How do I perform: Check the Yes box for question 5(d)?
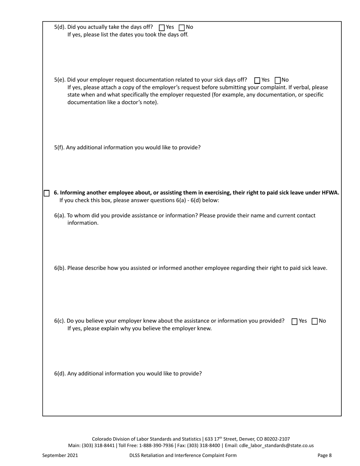pyautogui.click(x=162, y=27)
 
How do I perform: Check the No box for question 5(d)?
pyautogui.click(x=182, y=27)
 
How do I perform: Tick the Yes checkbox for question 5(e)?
pyautogui.click(x=257, y=80)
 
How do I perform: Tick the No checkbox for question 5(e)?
pyautogui.click(x=277, y=80)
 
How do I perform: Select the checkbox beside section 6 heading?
pyautogui.click(x=47, y=193)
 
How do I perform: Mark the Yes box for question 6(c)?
pyautogui.click(x=294, y=321)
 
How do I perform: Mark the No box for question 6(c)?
pyautogui.click(x=315, y=321)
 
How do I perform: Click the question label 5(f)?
pyautogui.click(x=59, y=147)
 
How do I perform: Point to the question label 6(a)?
pyautogui.click(x=59, y=216)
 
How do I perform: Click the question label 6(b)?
pyautogui.click(x=60, y=268)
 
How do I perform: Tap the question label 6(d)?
pyautogui.click(x=60, y=374)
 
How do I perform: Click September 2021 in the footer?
pyautogui.click(x=60, y=455)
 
